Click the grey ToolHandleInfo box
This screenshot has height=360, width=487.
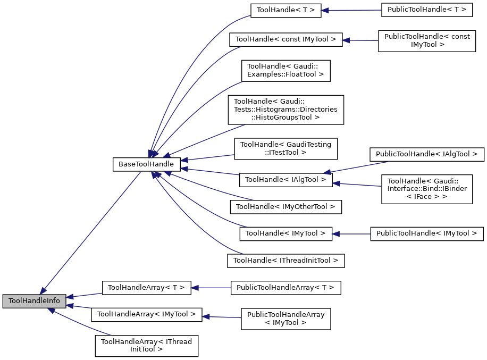tap(35, 301)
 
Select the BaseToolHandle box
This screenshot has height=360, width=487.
tap(146, 164)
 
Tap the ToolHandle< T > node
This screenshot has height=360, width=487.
tap(286, 10)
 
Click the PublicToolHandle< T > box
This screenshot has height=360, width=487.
tap(427, 10)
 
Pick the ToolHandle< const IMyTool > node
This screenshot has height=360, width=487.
tap(286, 40)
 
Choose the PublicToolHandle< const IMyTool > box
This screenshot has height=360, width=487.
tap(426, 40)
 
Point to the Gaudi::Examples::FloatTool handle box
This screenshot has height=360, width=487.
tap(286, 70)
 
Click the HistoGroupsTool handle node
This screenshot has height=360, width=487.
tap(286, 110)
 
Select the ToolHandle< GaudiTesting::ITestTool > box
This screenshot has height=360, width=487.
tap(286, 148)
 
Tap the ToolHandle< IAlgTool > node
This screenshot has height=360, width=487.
tap(286, 180)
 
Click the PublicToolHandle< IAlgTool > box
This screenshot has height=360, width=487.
tap(427, 155)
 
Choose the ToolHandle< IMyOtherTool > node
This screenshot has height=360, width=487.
tap(285, 206)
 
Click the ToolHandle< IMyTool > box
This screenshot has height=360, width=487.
tap(286, 233)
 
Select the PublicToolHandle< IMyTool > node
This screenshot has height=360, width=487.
tap(427, 233)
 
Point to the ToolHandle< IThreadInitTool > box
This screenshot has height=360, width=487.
tap(286, 261)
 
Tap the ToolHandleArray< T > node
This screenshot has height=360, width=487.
tap(146, 288)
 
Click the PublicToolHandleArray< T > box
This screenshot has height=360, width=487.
tap(286, 288)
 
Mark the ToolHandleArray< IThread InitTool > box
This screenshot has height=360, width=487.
tap(146, 346)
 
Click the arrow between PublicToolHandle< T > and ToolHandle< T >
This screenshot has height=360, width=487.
tap(351, 10)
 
